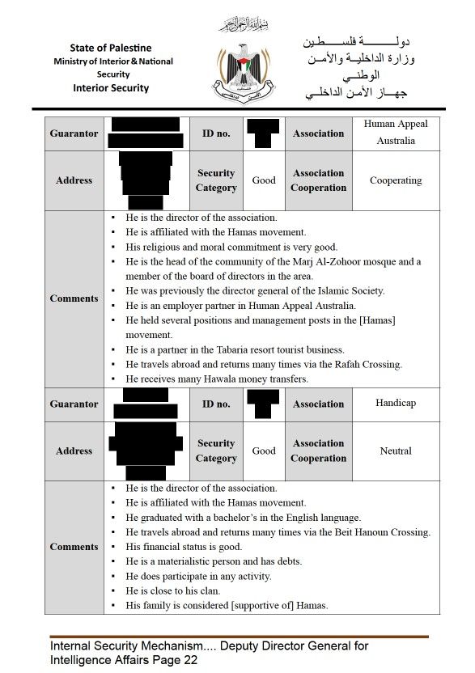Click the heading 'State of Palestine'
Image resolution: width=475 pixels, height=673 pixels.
(111, 49)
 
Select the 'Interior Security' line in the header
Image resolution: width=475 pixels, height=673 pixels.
(111, 88)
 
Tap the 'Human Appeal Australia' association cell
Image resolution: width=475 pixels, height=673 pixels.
(396, 133)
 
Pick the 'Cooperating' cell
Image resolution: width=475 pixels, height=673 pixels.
(396, 180)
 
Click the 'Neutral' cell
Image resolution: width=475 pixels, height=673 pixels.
(396, 451)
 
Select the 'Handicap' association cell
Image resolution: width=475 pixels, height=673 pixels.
(396, 403)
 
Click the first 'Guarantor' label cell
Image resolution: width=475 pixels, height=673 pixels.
(74, 133)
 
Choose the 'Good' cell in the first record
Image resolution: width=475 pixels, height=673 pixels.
(264, 180)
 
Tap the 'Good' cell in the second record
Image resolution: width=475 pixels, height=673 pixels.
(264, 451)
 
